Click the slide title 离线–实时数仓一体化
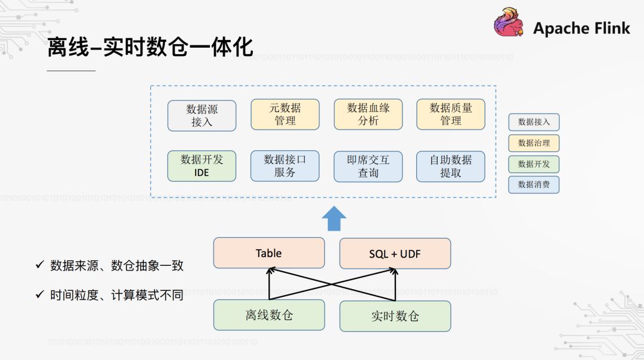coord(150,48)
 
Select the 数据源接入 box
coord(202,116)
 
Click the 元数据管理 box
coord(285,114)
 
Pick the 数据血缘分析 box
coord(368,114)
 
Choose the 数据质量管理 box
coord(451,114)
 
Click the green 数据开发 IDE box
coord(202,166)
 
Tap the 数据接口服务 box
coord(285,166)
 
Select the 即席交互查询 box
coord(368,166)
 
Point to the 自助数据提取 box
coord(451,166)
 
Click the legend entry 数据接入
coord(534,122)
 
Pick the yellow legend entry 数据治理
coord(534,143)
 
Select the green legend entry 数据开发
coord(534,164)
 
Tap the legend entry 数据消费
coord(534,185)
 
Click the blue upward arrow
coord(334,218)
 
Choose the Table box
coord(269,253)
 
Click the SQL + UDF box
coord(395,253)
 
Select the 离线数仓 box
coord(269,315)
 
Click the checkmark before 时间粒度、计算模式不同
coord(40,294)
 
